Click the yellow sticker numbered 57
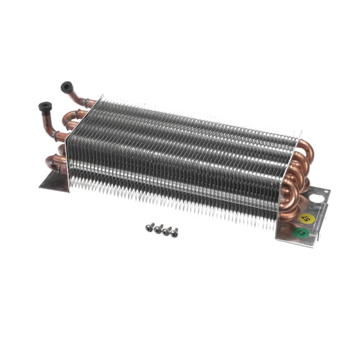tap(307, 219)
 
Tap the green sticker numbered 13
tap(301, 232)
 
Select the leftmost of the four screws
tap(150, 227)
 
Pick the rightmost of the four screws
tap(174, 232)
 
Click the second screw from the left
tap(158, 229)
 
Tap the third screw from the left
tap(167, 231)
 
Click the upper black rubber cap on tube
tap(66, 87)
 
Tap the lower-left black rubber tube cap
tap(45, 107)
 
